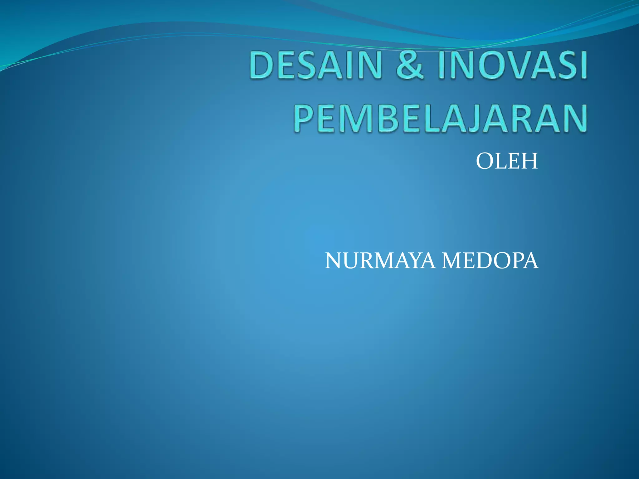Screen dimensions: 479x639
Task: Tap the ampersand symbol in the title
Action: pos(410,65)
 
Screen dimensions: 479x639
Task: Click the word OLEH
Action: pos(507,162)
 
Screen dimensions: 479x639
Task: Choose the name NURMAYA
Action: pos(380,261)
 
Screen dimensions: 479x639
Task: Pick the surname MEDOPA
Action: pos(490,261)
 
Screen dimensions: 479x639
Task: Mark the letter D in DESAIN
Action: pos(261,65)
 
